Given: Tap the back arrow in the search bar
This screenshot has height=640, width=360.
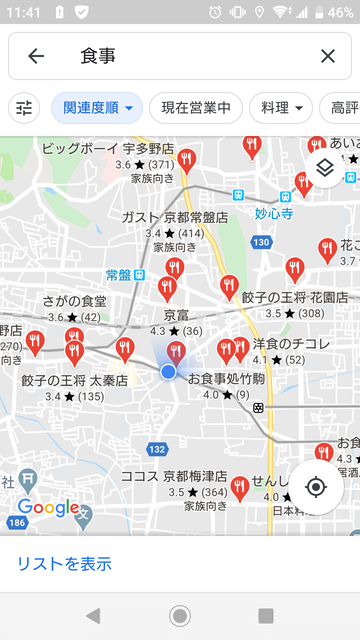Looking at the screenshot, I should click(36, 56).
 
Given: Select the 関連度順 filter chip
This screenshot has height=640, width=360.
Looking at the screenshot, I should click(97, 107).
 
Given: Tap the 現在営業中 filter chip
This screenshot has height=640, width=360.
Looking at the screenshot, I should click(196, 107).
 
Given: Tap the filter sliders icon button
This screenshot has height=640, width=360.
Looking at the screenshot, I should click(24, 107).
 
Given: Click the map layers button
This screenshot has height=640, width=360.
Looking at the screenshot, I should click(324, 168).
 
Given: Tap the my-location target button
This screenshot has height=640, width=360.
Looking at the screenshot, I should click(316, 487).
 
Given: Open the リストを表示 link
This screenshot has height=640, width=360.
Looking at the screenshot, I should click(64, 564).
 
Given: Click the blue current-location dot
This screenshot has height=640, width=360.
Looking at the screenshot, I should click(168, 372).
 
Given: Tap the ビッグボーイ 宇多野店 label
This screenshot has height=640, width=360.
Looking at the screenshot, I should click(108, 148).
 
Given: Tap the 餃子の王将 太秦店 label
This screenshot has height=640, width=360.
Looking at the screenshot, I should click(74, 381).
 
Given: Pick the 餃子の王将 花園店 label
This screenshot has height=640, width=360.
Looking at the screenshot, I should click(295, 298).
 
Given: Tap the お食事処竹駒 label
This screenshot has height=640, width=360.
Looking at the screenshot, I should click(226, 379).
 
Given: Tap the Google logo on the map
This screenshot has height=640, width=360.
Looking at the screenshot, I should click(48, 508).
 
